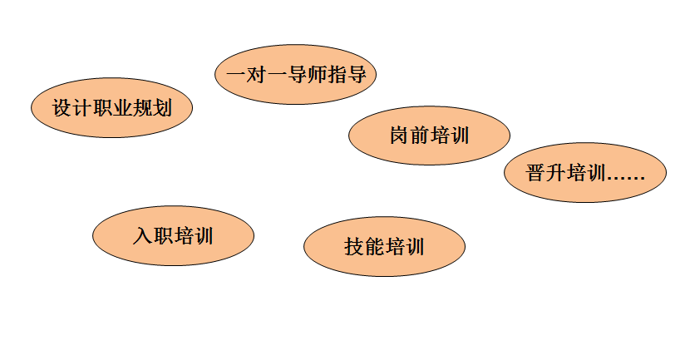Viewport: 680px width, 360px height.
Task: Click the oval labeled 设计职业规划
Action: click(x=111, y=108)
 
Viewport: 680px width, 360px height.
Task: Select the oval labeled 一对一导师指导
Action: click(x=296, y=75)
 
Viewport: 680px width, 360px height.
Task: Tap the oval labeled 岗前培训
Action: click(x=429, y=136)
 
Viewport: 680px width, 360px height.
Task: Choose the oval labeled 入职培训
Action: click(x=173, y=236)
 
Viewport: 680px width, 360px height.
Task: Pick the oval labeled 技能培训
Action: click(x=384, y=247)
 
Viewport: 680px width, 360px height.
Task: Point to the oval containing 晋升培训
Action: click(x=585, y=174)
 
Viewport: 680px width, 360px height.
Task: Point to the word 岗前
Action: click(x=409, y=136)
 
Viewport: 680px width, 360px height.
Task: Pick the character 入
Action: click(x=142, y=236)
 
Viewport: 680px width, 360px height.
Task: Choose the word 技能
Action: click(x=364, y=247)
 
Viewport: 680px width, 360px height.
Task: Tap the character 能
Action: click(x=374, y=247)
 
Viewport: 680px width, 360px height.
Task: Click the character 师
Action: click(x=317, y=75)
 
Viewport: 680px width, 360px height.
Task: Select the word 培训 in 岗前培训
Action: click(x=449, y=136)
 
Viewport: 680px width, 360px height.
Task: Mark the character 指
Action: click(x=337, y=75)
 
